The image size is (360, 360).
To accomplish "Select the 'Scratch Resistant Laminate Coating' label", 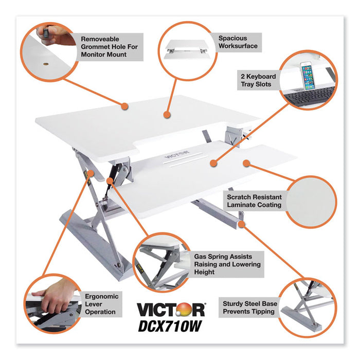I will pyautogui.click(x=254, y=201).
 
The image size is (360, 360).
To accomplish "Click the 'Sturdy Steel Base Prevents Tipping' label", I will pyautogui.click(x=247, y=308).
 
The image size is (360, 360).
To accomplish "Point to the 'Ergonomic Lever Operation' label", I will pyautogui.click(x=102, y=304).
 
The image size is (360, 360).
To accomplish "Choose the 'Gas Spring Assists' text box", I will pyautogui.click(x=227, y=264).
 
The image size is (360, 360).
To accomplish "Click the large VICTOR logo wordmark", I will pyautogui.click(x=170, y=310).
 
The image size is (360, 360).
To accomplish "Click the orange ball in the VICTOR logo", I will pyautogui.click(x=196, y=310).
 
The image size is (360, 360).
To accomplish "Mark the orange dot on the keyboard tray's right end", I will pyautogui.click(x=246, y=164).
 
